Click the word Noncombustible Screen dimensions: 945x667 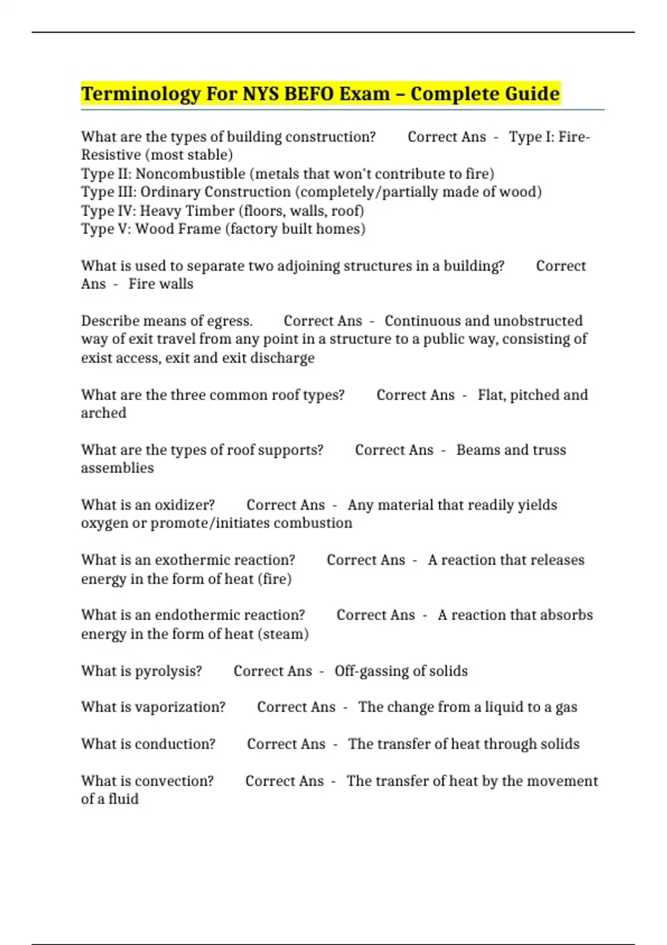point(190,174)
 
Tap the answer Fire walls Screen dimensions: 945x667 point(161,284)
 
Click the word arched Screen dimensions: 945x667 point(103,413)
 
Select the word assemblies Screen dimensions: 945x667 point(117,468)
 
